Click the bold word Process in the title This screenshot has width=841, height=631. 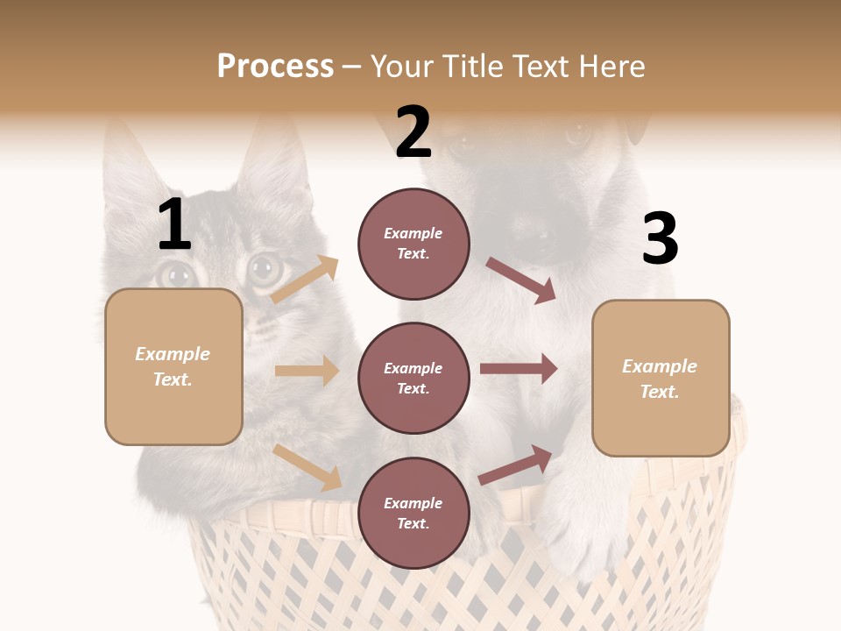pos(275,67)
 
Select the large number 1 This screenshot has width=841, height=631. pos(174,225)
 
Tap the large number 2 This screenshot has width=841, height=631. pos(413,132)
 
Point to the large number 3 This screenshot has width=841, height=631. pos(660,239)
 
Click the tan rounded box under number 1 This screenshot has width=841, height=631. pos(173,366)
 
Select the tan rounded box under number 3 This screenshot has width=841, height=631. pos(661,379)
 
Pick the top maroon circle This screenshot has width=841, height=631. pos(413,244)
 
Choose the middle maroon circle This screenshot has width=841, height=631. pos(413,379)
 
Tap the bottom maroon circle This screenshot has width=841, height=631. pos(413,514)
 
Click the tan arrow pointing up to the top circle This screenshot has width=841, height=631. pos(305,280)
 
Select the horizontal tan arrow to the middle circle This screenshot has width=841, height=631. pos(307,371)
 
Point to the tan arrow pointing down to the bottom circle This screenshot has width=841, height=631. pos(307,467)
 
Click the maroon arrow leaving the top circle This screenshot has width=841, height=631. pos(521,280)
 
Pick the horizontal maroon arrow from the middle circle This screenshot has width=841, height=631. pos(519,369)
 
